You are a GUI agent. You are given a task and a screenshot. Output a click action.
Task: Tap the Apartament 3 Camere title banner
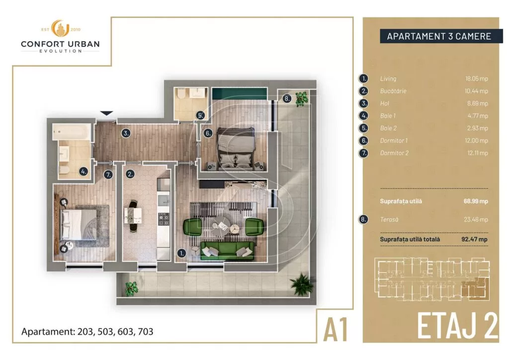(438, 36)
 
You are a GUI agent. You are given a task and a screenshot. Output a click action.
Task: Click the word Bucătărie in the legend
(393, 91)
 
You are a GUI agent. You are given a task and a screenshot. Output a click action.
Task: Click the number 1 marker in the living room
(181, 253)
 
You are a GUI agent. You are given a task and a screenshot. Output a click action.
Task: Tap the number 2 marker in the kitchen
(130, 174)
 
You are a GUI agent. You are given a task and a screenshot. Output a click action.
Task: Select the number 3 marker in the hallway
(127, 133)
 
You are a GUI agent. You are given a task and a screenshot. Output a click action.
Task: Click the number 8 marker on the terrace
(287, 98)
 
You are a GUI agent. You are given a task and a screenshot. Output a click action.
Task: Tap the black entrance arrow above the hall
(107, 114)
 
